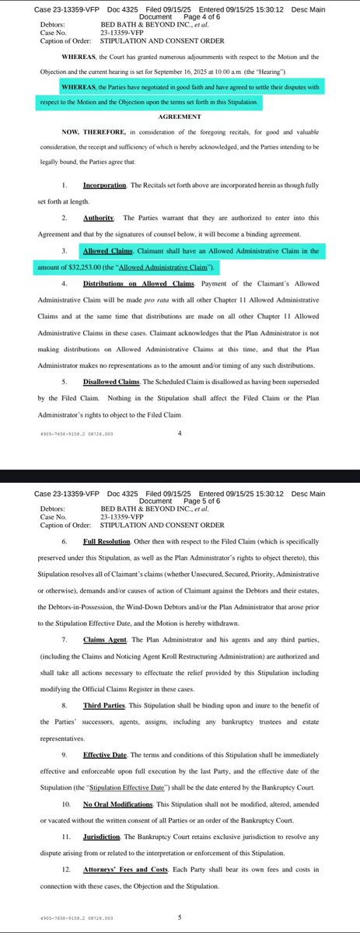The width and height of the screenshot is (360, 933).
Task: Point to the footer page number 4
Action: coord(180,435)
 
